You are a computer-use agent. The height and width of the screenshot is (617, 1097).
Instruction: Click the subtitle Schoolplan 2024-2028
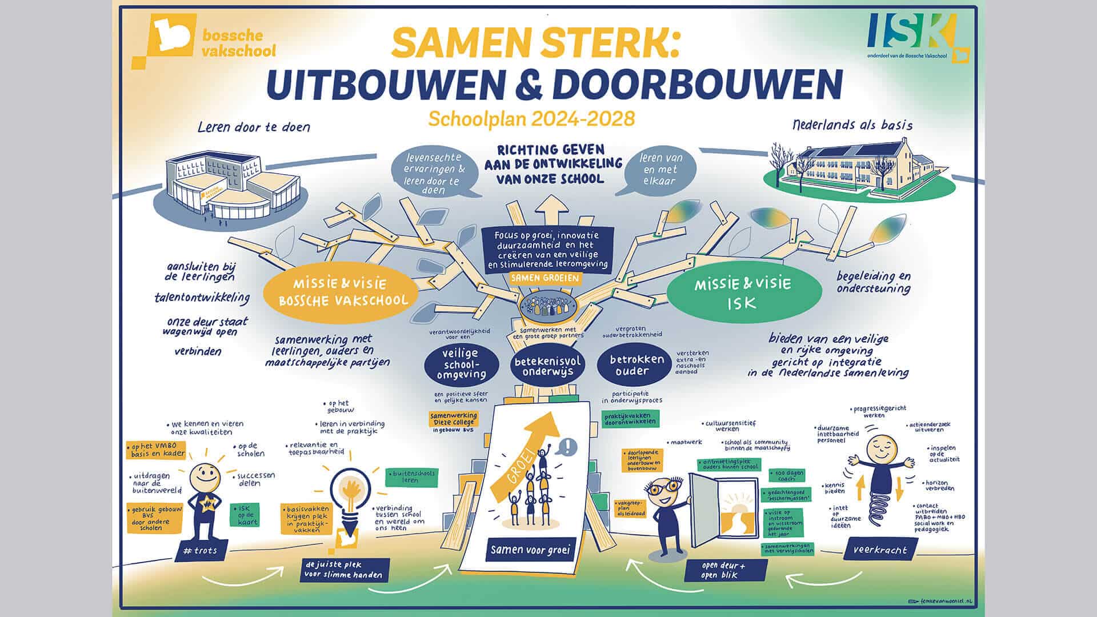[x=531, y=118]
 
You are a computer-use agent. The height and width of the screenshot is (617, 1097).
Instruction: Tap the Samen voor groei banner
[x=530, y=550]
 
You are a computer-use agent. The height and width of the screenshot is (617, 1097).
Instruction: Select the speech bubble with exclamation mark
[x=569, y=446]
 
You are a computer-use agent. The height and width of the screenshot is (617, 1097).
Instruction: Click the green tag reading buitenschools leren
[x=410, y=476]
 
